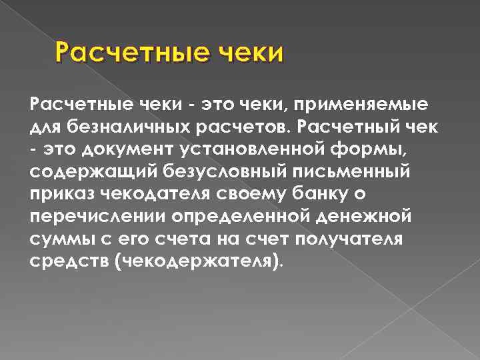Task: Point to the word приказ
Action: coord(62,194)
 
